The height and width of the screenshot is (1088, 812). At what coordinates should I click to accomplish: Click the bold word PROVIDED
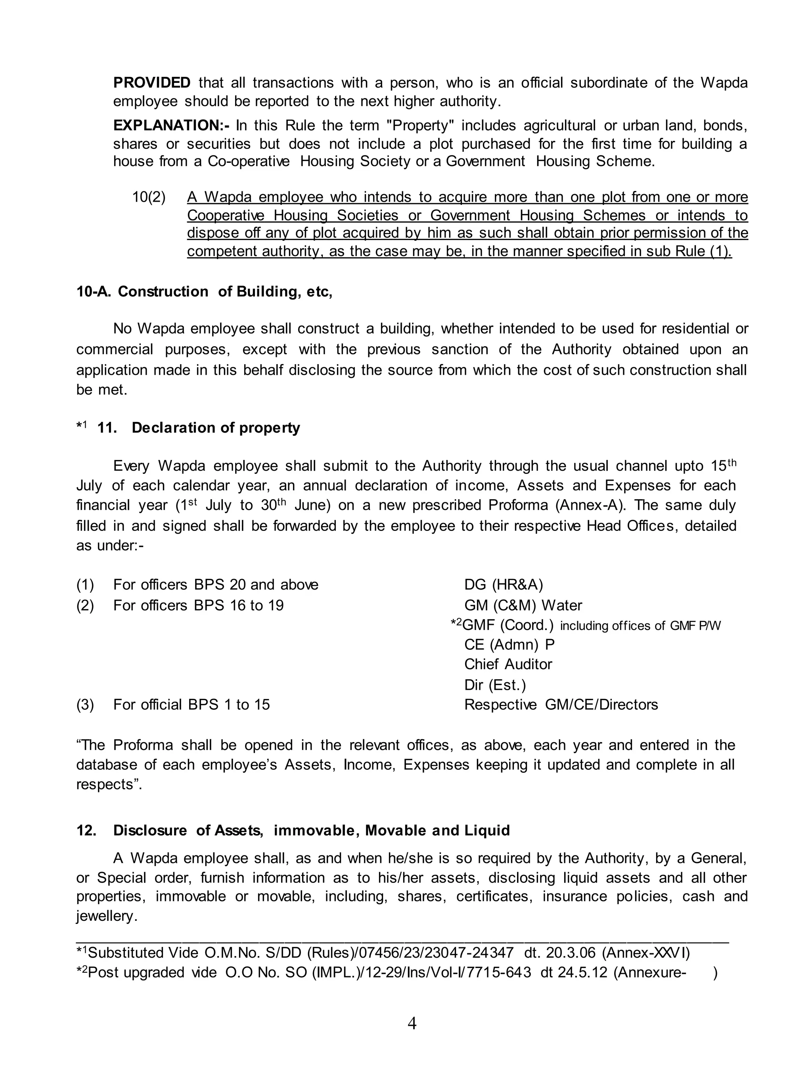pos(151,82)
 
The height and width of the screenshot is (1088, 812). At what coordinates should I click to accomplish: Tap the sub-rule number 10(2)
pos(148,197)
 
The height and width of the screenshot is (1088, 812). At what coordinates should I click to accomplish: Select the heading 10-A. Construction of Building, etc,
pos(204,292)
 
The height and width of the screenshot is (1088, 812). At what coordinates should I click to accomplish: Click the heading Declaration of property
pos(215,428)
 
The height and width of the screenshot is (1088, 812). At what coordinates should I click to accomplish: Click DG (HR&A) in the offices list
pos(503,584)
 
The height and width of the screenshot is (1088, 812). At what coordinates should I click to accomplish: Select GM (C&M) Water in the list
pos(523,605)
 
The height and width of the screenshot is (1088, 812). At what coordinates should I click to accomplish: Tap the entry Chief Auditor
pos(508,664)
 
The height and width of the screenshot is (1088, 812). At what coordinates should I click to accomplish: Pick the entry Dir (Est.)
pos(494,685)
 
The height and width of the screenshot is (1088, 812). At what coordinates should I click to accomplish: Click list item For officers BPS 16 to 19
pos(198,605)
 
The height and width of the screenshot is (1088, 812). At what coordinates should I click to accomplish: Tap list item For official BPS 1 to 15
pos(191,705)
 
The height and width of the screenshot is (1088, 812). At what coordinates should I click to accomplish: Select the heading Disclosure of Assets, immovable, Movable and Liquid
pos(311,830)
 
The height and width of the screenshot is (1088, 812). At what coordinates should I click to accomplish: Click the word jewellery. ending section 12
pos(106,916)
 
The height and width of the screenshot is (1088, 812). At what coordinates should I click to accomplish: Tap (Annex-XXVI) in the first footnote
pos(645,953)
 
